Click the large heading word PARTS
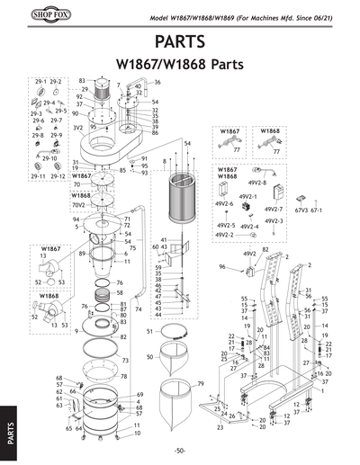[x=181, y=42]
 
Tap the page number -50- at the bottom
[x=180, y=450]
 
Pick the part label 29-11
[x=39, y=176]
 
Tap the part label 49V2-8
[x=257, y=183]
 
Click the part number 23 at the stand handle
[x=220, y=427]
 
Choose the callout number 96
[x=221, y=267]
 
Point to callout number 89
[x=83, y=255]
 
